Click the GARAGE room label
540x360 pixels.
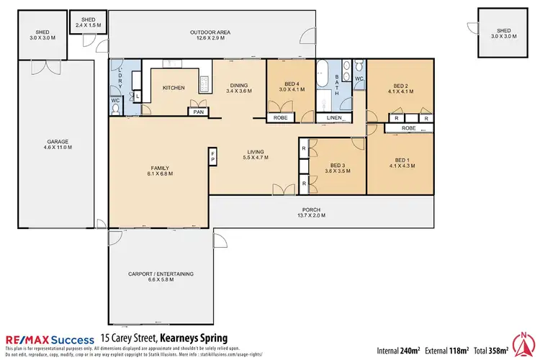point(58,144)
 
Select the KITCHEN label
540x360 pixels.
point(174,88)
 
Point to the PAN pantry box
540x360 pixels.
point(197,112)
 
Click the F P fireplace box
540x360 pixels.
point(212,156)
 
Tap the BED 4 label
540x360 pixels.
point(292,86)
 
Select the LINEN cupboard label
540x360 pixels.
point(333,118)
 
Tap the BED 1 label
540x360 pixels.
point(401,163)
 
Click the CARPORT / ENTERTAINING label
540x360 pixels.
point(161,276)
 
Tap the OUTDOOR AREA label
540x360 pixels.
point(210,35)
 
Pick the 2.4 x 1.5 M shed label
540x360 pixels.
point(88,23)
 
